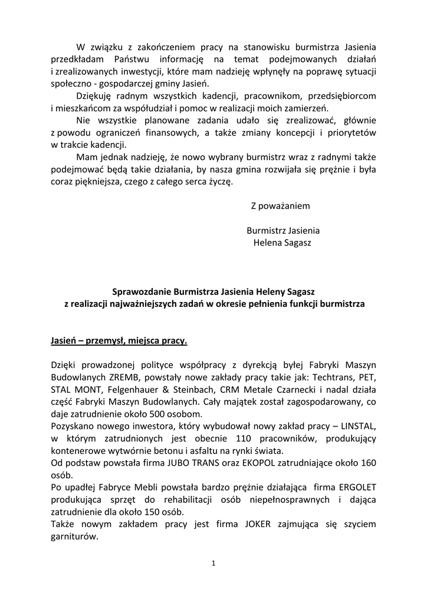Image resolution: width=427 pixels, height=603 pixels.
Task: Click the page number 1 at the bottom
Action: pyautogui.click(x=213, y=563)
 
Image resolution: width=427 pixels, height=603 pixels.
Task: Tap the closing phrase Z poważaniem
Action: pyautogui.click(x=280, y=206)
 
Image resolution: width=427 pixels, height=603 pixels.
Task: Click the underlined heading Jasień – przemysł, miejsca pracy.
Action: pyautogui.click(x=119, y=340)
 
